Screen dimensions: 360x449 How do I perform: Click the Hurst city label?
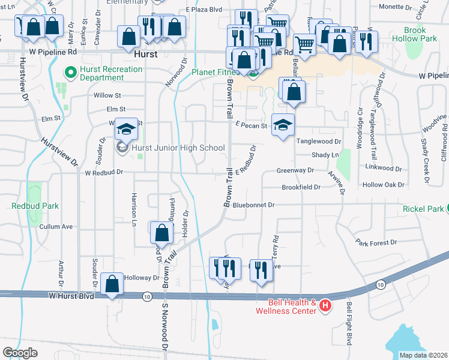click(x=146, y=53)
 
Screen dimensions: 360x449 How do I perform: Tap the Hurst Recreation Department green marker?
click(x=70, y=73)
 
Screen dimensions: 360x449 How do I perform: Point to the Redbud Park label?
click(x=35, y=206)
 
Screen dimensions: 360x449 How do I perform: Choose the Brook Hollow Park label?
click(x=424, y=34)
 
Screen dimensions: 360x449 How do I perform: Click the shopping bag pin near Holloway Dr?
click(x=112, y=284)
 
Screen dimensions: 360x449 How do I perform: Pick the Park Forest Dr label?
click(x=376, y=242)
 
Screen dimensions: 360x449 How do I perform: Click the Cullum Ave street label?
click(x=56, y=227)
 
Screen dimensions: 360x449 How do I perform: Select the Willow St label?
click(x=107, y=95)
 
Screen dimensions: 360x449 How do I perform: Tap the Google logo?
click(x=20, y=352)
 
